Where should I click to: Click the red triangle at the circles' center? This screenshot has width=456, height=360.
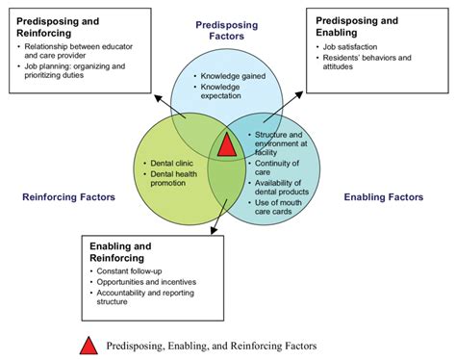tap(227, 145)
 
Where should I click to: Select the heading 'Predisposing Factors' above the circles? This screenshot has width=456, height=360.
tap(228, 29)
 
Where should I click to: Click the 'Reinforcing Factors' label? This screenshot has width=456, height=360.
tap(68, 197)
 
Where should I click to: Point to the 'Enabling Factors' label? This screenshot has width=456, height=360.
tap(382, 197)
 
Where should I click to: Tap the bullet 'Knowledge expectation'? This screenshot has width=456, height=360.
tap(228, 92)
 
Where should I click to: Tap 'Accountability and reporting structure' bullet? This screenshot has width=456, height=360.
tap(149, 298)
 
